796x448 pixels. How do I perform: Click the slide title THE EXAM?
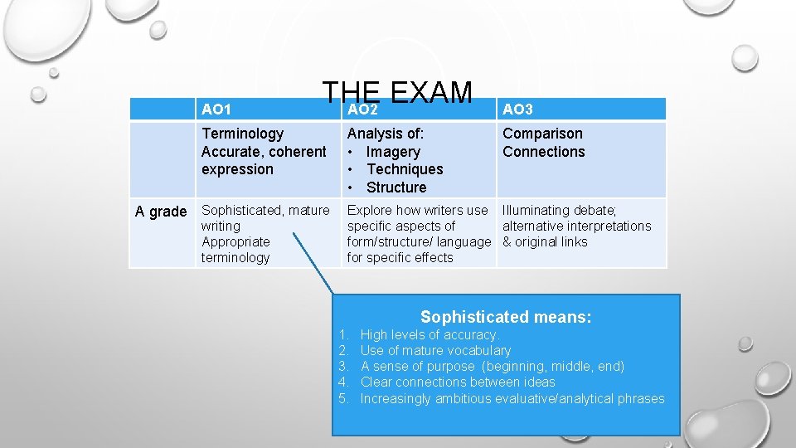pyautogui.click(x=397, y=94)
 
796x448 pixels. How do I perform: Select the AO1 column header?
pyautogui.click(x=216, y=110)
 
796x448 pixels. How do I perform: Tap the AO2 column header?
pyautogui.click(x=362, y=110)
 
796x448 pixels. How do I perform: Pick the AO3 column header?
pyautogui.click(x=517, y=110)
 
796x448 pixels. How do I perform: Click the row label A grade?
pyautogui.click(x=161, y=212)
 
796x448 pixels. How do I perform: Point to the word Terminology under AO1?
pyautogui.click(x=242, y=134)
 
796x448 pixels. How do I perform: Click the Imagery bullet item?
pyautogui.click(x=393, y=152)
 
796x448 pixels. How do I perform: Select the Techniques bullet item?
pyautogui.click(x=405, y=169)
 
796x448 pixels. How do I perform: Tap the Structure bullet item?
pyautogui.click(x=396, y=187)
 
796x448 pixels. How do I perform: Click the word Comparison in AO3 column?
pyautogui.click(x=542, y=134)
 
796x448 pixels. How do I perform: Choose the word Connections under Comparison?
pyautogui.click(x=543, y=152)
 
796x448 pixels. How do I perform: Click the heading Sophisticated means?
pyautogui.click(x=506, y=317)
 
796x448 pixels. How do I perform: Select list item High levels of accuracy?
pyautogui.click(x=429, y=335)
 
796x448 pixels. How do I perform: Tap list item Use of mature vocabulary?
pyautogui.click(x=435, y=351)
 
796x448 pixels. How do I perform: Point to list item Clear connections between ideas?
pyautogui.click(x=458, y=382)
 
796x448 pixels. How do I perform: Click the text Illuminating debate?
pyautogui.click(x=559, y=211)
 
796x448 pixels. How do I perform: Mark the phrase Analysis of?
pyautogui.click(x=386, y=134)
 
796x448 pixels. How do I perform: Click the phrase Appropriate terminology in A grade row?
pyautogui.click(x=235, y=250)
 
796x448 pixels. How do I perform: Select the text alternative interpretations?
pyautogui.click(x=576, y=226)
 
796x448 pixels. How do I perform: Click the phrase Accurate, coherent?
pyautogui.click(x=264, y=152)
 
